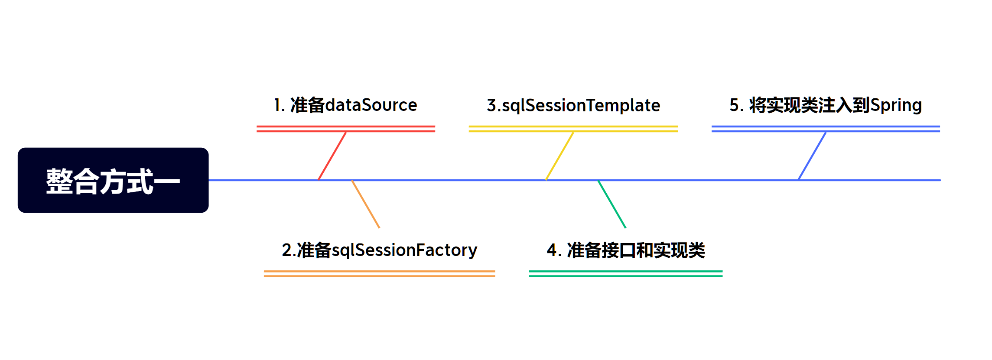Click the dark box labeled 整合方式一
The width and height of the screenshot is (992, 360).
pyautogui.click(x=113, y=180)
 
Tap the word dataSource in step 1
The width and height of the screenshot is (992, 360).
pyautogui.click(x=371, y=105)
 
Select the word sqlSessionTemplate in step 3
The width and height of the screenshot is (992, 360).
pyautogui.click(x=581, y=106)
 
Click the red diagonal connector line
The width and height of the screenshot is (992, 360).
pyautogui.click(x=332, y=156)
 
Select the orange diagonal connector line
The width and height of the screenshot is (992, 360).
pyautogui.click(x=366, y=204)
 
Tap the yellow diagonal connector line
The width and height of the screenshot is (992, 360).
pyautogui.click(x=559, y=156)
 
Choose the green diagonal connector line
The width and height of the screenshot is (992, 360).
pyautogui.click(x=612, y=204)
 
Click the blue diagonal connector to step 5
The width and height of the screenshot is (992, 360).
pyautogui.click(x=812, y=156)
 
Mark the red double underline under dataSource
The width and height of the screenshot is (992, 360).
pyautogui.click(x=346, y=129)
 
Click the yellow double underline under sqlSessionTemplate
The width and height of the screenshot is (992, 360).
pyautogui.click(x=573, y=129)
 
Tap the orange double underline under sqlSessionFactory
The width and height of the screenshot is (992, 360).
pyautogui.click(x=379, y=273)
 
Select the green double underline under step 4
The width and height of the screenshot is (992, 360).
pyautogui.click(x=625, y=273)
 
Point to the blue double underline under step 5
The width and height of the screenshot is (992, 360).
pyautogui.click(x=826, y=129)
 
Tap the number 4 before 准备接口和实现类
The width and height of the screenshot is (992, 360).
pyautogui.click(x=552, y=250)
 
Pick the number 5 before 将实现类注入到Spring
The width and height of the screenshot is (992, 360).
pyautogui.click(x=734, y=105)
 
